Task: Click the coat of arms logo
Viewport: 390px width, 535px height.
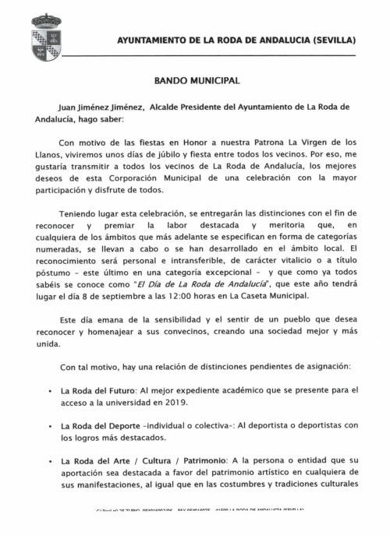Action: [47, 36]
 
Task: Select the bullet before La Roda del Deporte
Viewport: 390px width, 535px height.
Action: [51, 427]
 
